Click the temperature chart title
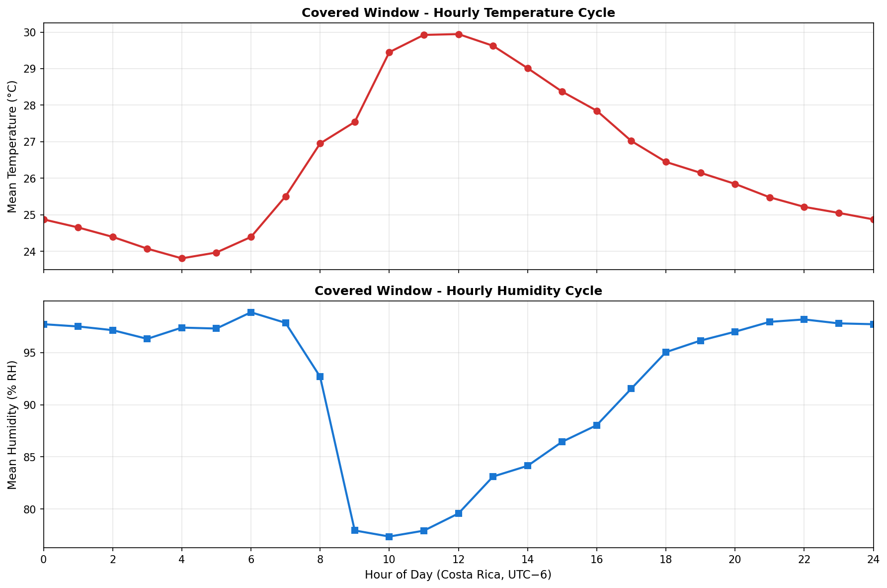[x=458, y=13]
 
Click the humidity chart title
[x=458, y=291]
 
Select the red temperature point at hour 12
[x=459, y=34]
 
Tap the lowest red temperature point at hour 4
[x=182, y=258]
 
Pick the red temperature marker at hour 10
[x=389, y=52]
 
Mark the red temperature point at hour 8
[x=320, y=143]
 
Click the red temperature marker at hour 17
[x=631, y=141]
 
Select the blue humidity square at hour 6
[x=251, y=312]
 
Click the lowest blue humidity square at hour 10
[x=389, y=536]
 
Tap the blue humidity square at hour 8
[x=320, y=377]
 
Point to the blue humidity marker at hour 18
[x=666, y=352]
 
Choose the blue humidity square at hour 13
[x=493, y=477]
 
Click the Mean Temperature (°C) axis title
[x=12, y=147]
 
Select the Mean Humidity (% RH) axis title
[x=12, y=424]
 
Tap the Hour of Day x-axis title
[x=458, y=575]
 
